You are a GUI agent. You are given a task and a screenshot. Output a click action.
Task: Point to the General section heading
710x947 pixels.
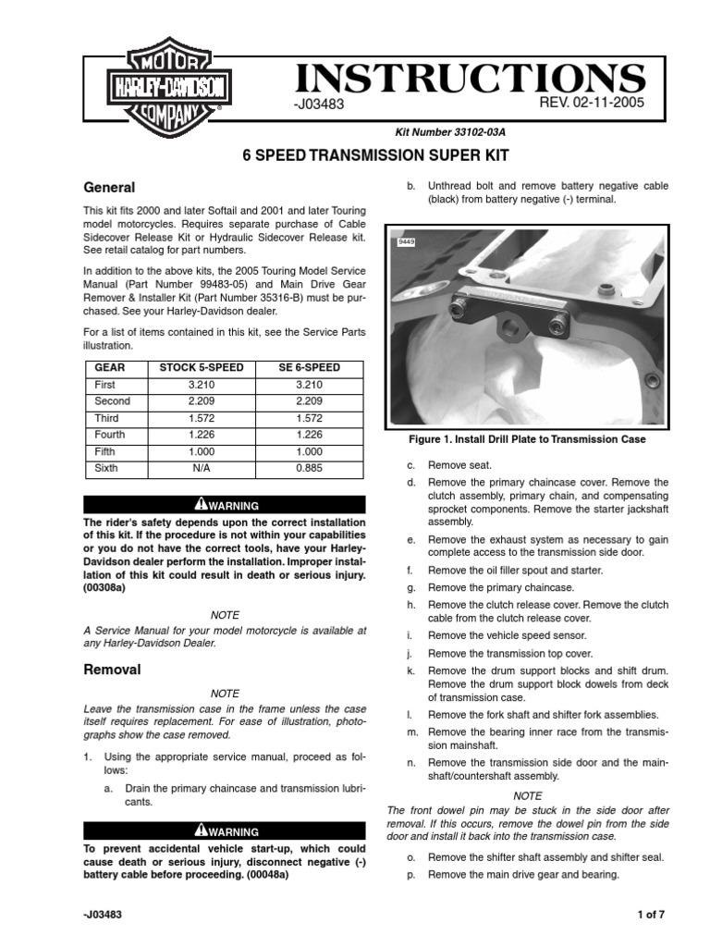(x=109, y=187)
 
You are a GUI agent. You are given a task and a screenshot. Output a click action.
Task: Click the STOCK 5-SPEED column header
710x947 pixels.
(x=202, y=367)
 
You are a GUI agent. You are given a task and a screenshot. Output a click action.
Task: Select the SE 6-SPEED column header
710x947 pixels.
(x=309, y=367)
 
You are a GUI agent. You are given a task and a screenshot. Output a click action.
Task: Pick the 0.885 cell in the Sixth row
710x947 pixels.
(x=309, y=468)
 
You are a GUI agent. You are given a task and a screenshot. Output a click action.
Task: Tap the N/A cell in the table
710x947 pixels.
(x=202, y=468)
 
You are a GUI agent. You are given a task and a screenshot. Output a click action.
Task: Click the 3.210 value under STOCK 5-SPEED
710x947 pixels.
(x=202, y=385)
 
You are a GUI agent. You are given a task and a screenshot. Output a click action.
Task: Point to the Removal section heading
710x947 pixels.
(x=113, y=669)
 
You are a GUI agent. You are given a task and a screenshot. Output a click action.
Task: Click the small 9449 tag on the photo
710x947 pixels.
(x=405, y=241)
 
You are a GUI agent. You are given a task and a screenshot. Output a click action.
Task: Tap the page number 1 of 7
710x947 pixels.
(x=651, y=915)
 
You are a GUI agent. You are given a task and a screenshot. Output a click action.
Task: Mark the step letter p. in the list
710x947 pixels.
(x=411, y=875)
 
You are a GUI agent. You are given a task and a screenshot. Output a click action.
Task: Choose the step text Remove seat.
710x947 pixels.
(x=459, y=465)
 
